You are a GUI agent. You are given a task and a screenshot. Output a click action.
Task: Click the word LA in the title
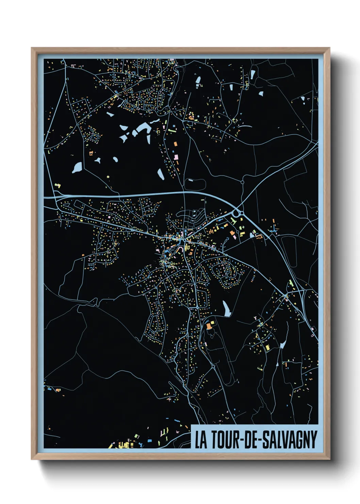201,440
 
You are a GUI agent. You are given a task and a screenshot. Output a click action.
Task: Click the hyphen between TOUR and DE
242,440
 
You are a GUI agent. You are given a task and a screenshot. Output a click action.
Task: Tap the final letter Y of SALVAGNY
313,440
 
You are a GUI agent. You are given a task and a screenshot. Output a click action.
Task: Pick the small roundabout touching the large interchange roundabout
242,214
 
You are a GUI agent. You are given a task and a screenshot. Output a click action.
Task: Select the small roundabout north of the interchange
242,182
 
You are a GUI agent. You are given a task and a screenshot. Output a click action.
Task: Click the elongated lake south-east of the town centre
226,309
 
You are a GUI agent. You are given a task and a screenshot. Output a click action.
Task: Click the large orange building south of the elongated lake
209,326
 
